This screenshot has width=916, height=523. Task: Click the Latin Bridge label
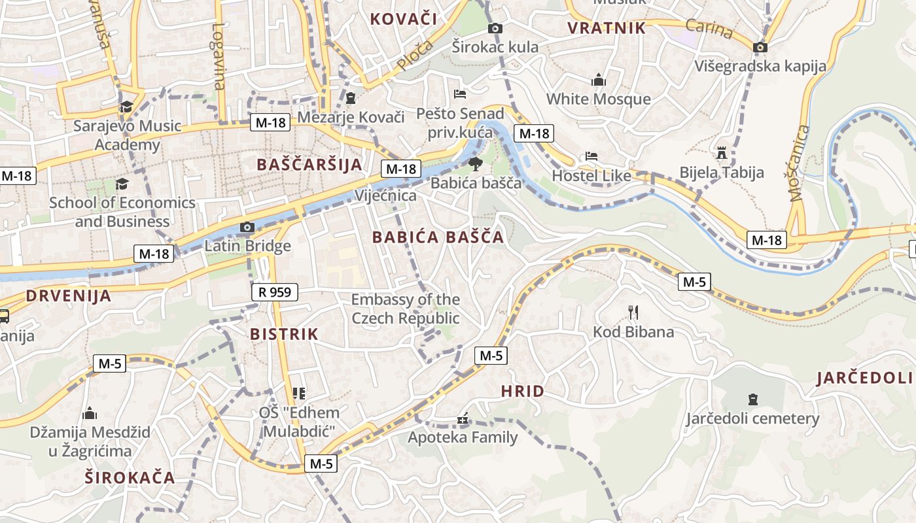(x=247, y=246)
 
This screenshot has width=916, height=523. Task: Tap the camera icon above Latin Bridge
(x=247, y=228)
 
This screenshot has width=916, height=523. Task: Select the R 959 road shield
(x=275, y=292)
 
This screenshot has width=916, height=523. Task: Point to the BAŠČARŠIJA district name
(x=309, y=164)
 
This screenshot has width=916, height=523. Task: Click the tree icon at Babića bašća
(x=476, y=163)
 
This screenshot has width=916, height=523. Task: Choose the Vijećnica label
(x=385, y=195)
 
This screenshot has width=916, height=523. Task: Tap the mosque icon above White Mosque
(x=599, y=80)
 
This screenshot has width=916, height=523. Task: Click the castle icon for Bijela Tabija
(x=722, y=153)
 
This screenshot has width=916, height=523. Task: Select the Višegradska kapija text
(x=760, y=66)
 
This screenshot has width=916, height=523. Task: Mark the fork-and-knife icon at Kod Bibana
(x=633, y=312)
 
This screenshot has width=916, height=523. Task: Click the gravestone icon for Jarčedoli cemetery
(x=752, y=399)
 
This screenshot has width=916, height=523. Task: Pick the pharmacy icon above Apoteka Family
(x=463, y=419)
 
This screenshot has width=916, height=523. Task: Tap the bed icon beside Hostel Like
(x=591, y=156)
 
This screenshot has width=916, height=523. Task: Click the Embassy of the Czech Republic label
(x=406, y=309)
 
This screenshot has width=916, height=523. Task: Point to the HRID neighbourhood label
(x=522, y=392)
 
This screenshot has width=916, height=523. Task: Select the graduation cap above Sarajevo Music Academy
(x=126, y=107)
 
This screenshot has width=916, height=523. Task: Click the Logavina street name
(x=219, y=56)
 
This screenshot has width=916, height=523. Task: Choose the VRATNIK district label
(x=607, y=28)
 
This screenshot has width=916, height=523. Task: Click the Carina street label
(x=709, y=29)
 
